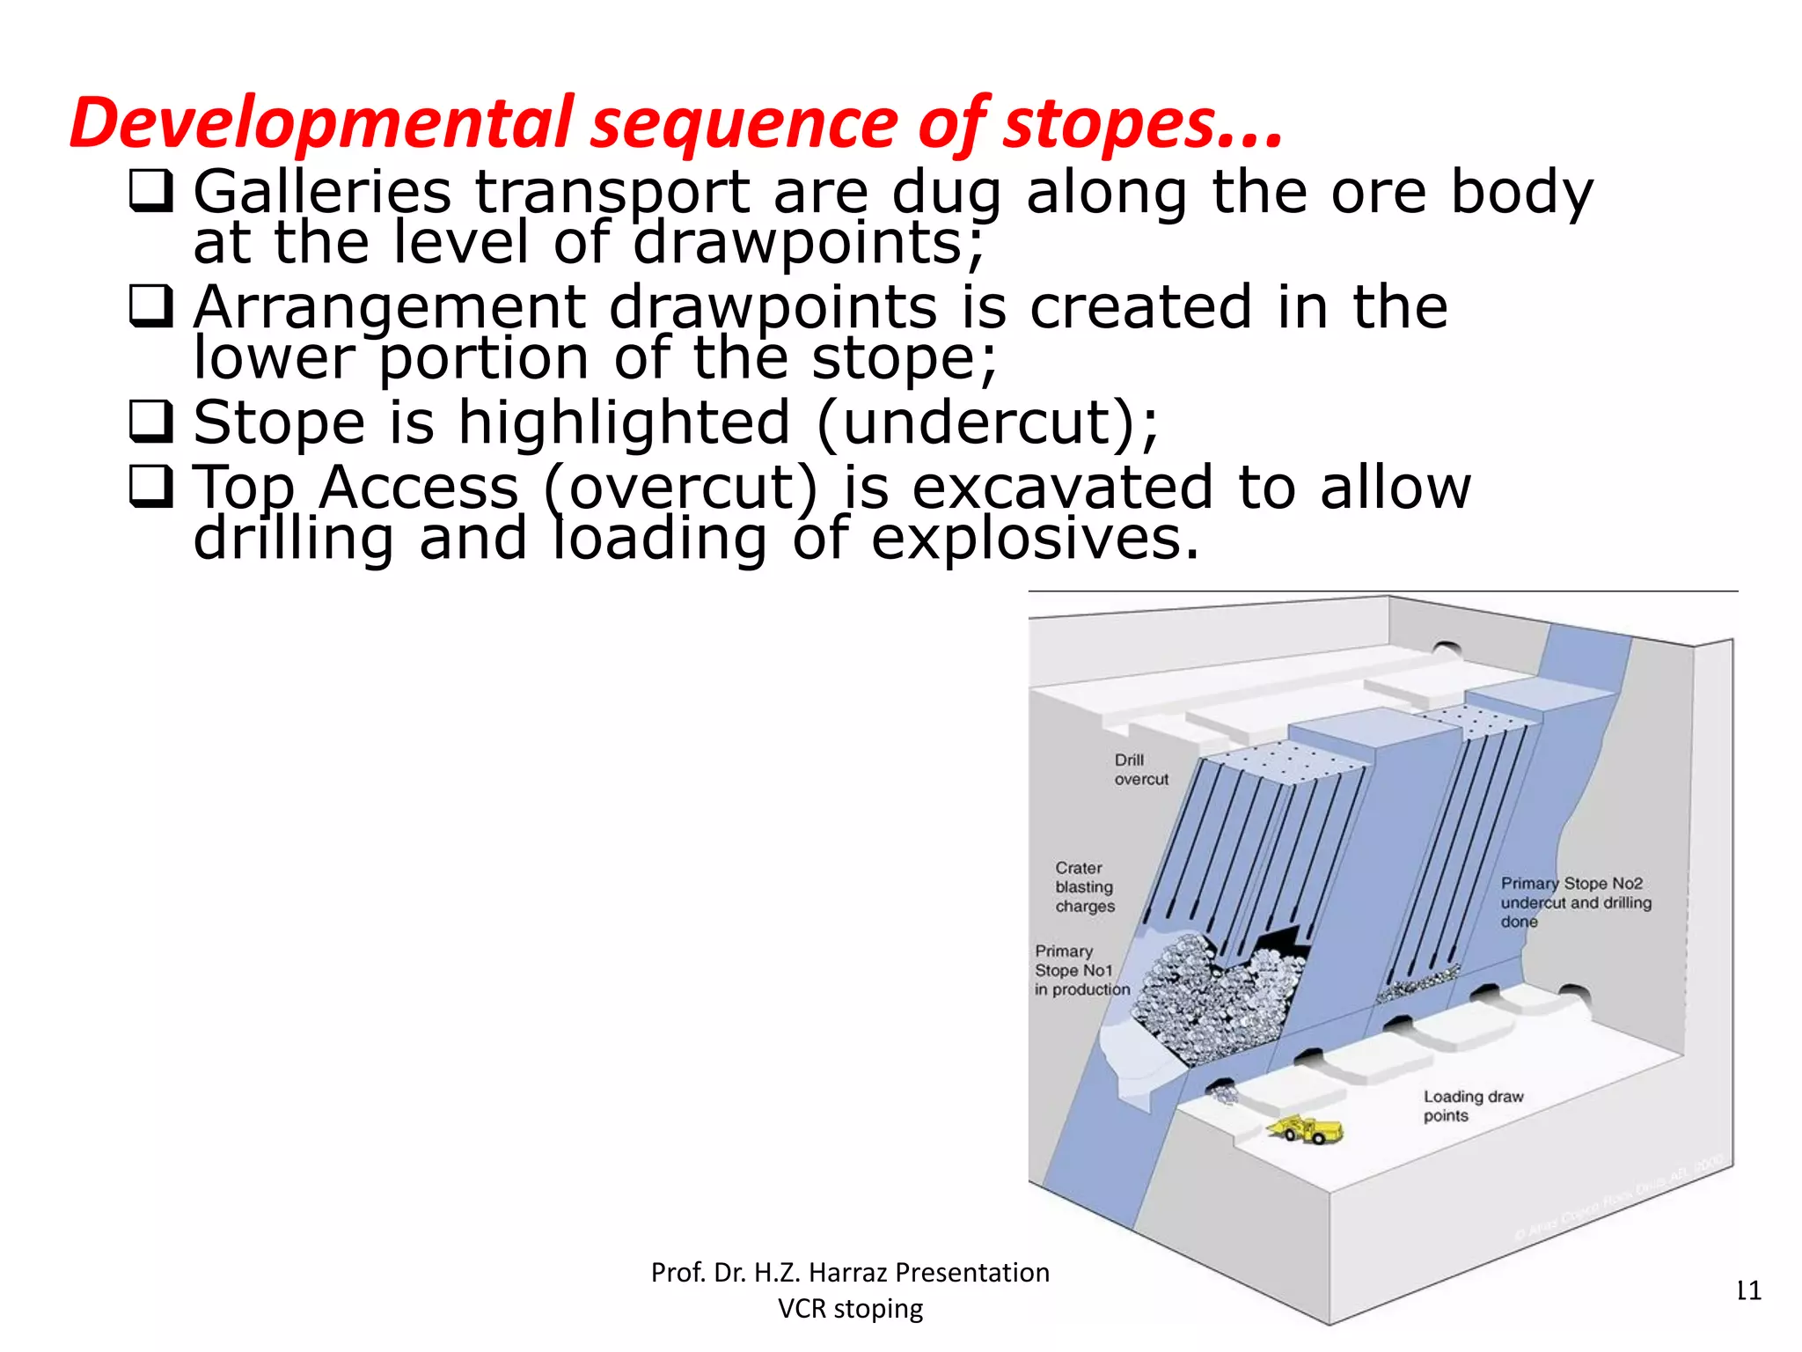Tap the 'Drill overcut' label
click(x=1140, y=769)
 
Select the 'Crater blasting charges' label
click(x=1084, y=887)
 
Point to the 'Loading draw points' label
click(x=1472, y=1106)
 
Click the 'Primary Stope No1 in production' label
click(x=1081, y=970)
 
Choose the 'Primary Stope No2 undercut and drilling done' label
click(x=1575, y=902)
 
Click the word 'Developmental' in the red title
click(x=321, y=123)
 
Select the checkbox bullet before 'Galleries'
click(x=150, y=191)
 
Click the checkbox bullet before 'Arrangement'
click(x=150, y=306)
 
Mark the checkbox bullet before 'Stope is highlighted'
click(x=150, y=422)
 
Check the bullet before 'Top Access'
click(x=150, y=487)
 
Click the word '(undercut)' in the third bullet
click(x=985, y=423)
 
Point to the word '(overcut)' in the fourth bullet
click(x=680, y=488)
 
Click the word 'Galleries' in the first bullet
click(x=322, y=192)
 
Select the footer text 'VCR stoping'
click(x=850, y=1309)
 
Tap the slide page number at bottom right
click(x=1747, y=1291)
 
